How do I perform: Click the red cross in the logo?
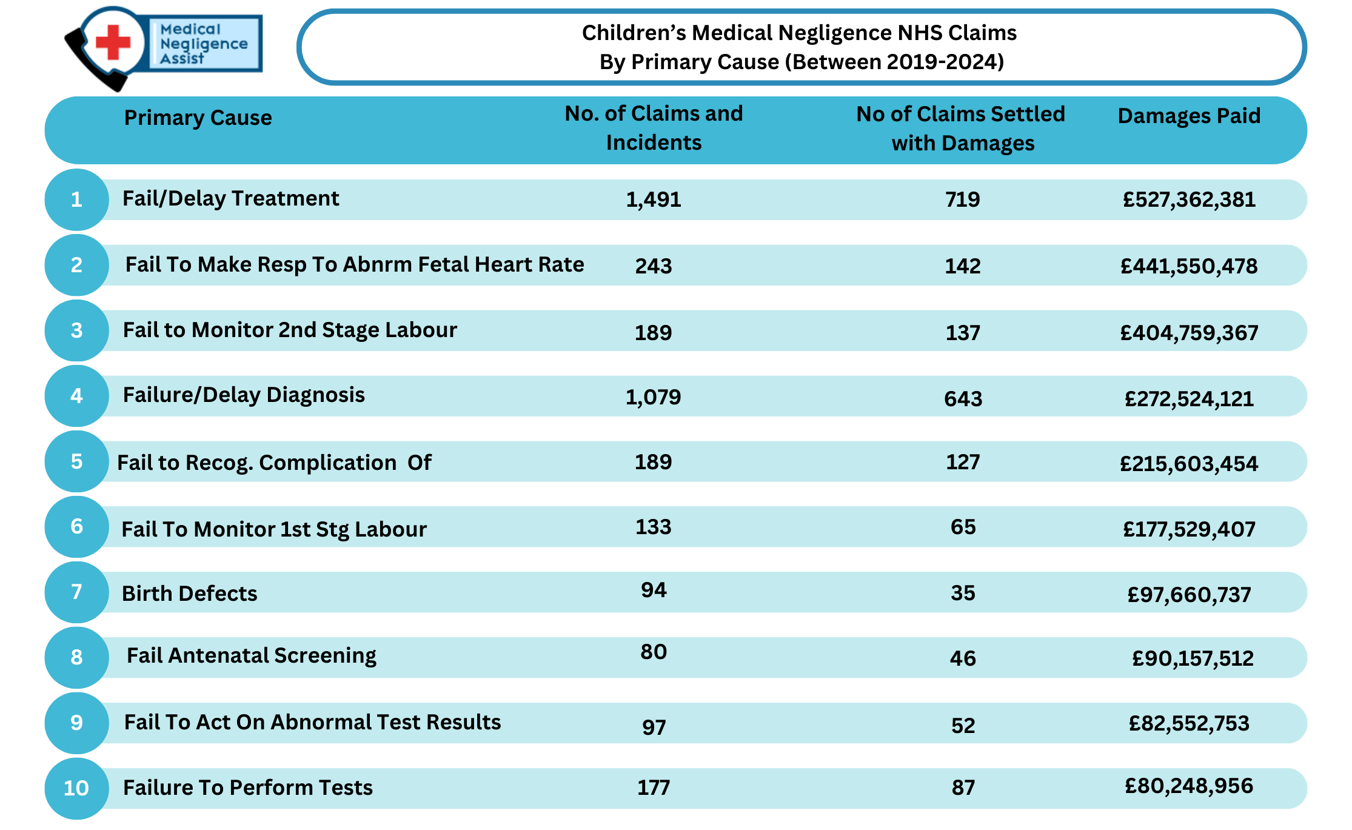[113, 42]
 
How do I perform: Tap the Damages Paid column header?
[1189, 116]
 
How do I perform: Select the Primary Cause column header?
[198, 118]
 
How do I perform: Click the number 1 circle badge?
[76, 199]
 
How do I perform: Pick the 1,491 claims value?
[653, 199]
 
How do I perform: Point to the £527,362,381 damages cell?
[1189, 199]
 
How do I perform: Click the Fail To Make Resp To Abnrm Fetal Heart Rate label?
[355, 264]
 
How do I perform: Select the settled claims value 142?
[963, 266]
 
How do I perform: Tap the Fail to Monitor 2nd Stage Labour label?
[290, 330]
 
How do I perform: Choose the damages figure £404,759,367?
[1189, 332]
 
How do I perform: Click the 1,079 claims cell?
[653, 397]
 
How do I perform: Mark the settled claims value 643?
[963, 398]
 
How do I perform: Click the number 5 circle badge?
[76, 461]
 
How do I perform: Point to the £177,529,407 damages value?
[1189, 529]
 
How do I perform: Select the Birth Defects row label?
[189, 594]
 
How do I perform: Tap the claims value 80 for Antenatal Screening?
[654, 652]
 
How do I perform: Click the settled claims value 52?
[963, 726]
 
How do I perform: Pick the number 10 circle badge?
[76, 788]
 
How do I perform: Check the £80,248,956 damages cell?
[1189, 786]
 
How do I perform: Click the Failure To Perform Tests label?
[247, 788]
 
